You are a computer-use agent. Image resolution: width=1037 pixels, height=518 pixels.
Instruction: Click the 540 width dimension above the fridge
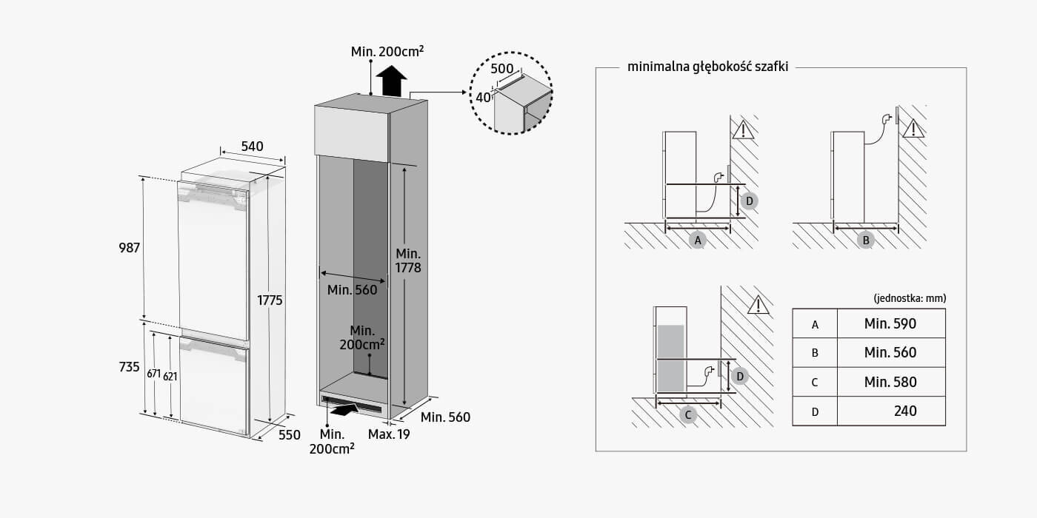pyautogui.click(x=253, y=147)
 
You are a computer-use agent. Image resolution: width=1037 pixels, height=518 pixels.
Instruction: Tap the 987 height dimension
pyautogui.click(x=129, y=248)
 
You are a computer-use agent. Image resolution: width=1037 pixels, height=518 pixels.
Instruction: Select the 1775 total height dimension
pyautogui.click(x=270, y=300)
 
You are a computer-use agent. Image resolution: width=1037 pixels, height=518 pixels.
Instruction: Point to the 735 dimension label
pyautogui.click(x=129, y=367)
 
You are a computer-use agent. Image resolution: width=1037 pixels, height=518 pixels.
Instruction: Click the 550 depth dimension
pyautogui.click(x=289, y=435)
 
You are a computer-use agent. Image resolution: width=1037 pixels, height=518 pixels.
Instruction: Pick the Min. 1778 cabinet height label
pyautogui.click(x=408, y=260)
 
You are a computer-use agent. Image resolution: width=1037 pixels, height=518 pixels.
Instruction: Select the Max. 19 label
pyautogui.click(x=389, y=434)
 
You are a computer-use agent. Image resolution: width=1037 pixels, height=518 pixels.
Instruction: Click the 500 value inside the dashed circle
pyautogui.click(x=503, y=68)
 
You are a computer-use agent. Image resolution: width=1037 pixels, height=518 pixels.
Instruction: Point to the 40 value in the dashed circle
pyautogui.click(x=484, y=97)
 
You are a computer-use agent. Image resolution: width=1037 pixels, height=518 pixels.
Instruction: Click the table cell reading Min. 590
pyautogui.click(x=890, y=323)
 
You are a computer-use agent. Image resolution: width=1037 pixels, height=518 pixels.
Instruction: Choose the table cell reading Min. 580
pyautogui.click(x=890, y=382)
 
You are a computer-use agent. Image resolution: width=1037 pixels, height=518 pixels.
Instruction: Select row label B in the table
pyautogui.click(x=815, y=353)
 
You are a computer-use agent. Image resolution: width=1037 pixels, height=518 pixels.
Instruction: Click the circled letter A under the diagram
pyautogui.click(x=697, y=239)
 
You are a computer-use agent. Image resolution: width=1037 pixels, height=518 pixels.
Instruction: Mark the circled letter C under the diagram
pyautogui.click(x=688, y=414)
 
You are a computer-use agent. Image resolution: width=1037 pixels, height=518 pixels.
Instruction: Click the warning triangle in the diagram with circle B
pyautogui.click(x=914, y=129)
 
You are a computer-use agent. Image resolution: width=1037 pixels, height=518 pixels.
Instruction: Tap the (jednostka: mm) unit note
pyautogui.click(x=910, y=298)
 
